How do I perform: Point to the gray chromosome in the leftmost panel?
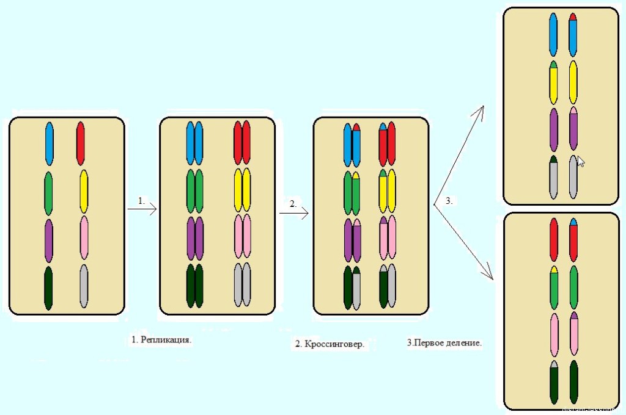tap(83, 286)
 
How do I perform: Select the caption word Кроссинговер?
tap(334, 344)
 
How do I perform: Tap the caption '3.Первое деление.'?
tap(444, 343)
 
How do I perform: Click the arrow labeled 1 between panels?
tap(142, 209)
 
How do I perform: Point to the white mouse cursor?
tap(581, 162)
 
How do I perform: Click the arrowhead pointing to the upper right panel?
tap(481, 110)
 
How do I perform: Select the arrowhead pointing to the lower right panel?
tap(489, 276)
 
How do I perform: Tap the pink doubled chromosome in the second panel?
tap(243, 237)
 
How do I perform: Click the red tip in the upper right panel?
tap(573, 16)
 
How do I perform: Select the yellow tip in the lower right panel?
tap(554, 269)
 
